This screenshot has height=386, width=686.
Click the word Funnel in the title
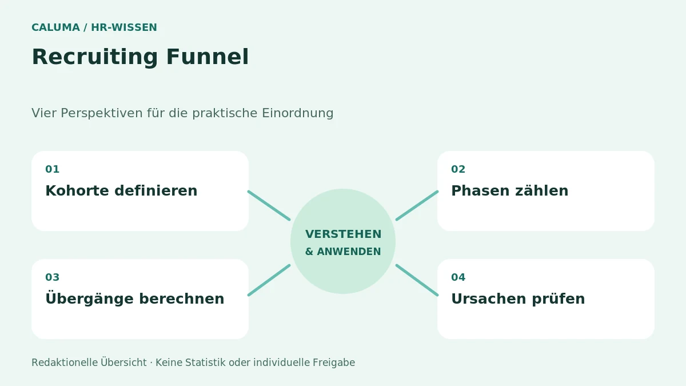208,57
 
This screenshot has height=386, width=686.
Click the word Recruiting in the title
95,57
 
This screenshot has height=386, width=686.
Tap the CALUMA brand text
56,27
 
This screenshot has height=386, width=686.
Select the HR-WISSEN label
124,27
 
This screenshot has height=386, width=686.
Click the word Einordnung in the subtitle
297,113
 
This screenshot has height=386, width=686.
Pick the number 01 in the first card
53,169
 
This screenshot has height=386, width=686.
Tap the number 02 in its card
458,169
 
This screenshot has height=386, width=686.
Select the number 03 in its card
53,277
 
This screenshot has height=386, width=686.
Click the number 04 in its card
458,277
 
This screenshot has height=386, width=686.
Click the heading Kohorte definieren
121,190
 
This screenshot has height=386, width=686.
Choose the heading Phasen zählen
509,190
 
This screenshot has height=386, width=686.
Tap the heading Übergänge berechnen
135,298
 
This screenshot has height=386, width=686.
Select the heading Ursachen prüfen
518,299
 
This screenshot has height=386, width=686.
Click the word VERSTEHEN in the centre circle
344,234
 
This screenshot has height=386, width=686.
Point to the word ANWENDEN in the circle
349,252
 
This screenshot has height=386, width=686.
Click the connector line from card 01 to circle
269,205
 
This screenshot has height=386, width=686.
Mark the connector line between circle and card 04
417,280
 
